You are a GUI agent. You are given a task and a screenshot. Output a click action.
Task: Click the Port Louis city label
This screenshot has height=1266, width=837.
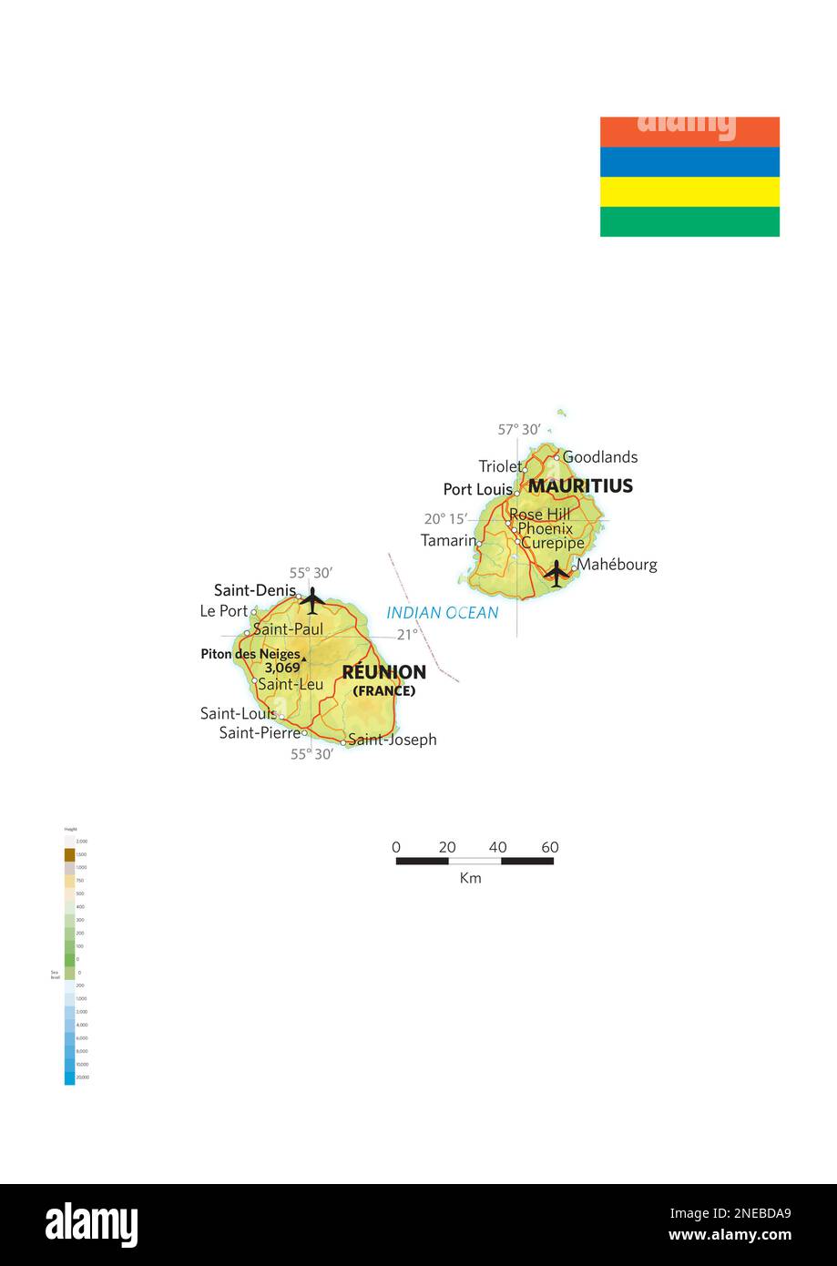click(x=477, y=489)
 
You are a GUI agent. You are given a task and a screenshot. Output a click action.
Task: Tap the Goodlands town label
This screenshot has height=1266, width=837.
click(x=599, y=457)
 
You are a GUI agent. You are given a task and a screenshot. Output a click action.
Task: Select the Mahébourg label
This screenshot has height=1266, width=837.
click(x=617, y=565)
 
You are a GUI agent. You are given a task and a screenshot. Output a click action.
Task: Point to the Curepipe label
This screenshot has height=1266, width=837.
click(x=552, y=543)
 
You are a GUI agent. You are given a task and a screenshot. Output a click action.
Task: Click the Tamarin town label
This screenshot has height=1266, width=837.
click(x=448, y=541)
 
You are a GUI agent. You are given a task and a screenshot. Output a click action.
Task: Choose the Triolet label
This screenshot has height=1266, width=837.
click(x=500, y=466)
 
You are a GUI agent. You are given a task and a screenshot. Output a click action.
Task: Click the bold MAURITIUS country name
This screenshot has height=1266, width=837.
click(x=580, y=486)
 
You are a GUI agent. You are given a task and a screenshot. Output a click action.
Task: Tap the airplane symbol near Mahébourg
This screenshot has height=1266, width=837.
click(x=556, y=573)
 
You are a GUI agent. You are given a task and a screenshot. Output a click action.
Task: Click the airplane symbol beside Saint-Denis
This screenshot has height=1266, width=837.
click(x=312, y=600)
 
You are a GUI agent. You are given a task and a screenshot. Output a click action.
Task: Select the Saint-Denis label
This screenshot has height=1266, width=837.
click(x=255, y=590)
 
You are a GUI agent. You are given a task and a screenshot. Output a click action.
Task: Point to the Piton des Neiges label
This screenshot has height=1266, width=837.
click(x=250, y=654)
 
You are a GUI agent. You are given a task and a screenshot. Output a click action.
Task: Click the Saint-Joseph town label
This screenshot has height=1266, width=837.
click(x=392, y=740)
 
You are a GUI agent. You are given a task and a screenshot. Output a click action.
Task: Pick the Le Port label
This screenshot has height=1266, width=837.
click(x=223, y=611)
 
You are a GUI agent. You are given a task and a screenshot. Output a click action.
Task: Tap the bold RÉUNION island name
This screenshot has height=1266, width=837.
click(x=383, y=672)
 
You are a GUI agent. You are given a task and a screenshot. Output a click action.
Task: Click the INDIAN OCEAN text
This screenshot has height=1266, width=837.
click(x=443, y=613)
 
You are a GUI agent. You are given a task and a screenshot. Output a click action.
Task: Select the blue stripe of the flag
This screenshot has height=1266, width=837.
click(x=689, y=161)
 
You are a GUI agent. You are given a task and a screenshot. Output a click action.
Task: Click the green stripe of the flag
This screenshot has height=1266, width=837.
click(x=689, y=221)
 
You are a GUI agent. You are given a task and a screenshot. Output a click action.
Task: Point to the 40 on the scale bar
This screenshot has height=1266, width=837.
click(x=497, y=847)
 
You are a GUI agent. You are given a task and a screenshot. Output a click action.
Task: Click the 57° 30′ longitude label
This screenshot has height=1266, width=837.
click(x=519, y=430)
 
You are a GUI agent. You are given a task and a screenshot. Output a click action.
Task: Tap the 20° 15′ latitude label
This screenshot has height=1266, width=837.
click(x=445, y=519)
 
